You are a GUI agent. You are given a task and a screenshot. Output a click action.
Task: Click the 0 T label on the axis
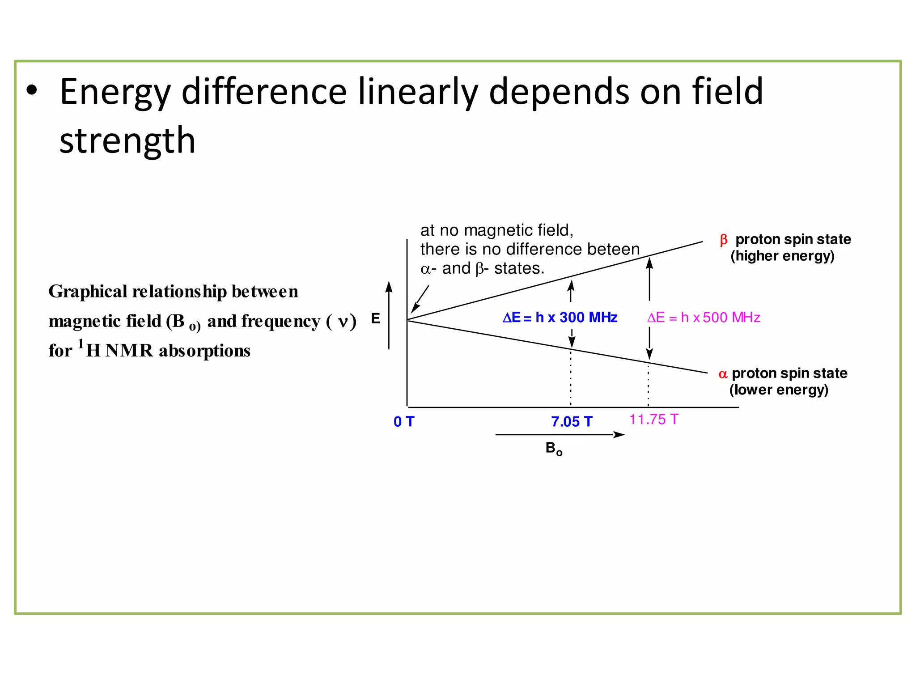pos(404,421)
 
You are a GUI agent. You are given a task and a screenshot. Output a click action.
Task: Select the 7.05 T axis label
pos(571,421)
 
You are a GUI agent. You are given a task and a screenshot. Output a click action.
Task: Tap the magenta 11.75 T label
pos(653,419)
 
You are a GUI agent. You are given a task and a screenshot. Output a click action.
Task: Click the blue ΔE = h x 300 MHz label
pos(560,318)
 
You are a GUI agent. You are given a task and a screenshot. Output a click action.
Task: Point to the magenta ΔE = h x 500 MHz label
pos(704,318)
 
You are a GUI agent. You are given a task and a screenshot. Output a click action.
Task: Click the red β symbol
pos(723,240)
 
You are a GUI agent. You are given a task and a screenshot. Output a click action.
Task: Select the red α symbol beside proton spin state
pos(723,374)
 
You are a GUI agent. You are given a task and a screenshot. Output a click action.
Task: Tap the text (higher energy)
pos(782,256)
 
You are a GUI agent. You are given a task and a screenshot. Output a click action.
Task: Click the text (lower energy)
pos(779,390)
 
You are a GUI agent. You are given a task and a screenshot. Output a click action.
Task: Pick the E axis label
pos(376,318)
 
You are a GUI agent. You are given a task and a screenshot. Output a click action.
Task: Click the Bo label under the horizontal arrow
pos(554,448)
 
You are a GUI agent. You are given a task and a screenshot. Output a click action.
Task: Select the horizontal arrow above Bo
pos(559,434)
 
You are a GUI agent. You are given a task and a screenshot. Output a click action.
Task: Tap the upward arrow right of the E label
pos(389,315)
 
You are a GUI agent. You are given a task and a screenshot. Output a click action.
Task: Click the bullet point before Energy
pos(32,90)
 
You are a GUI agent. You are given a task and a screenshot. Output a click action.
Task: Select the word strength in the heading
pos(127,140)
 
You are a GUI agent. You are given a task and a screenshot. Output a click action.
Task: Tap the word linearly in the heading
pos(418,92)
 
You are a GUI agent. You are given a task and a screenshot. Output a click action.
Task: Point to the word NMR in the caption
pos(129,351)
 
